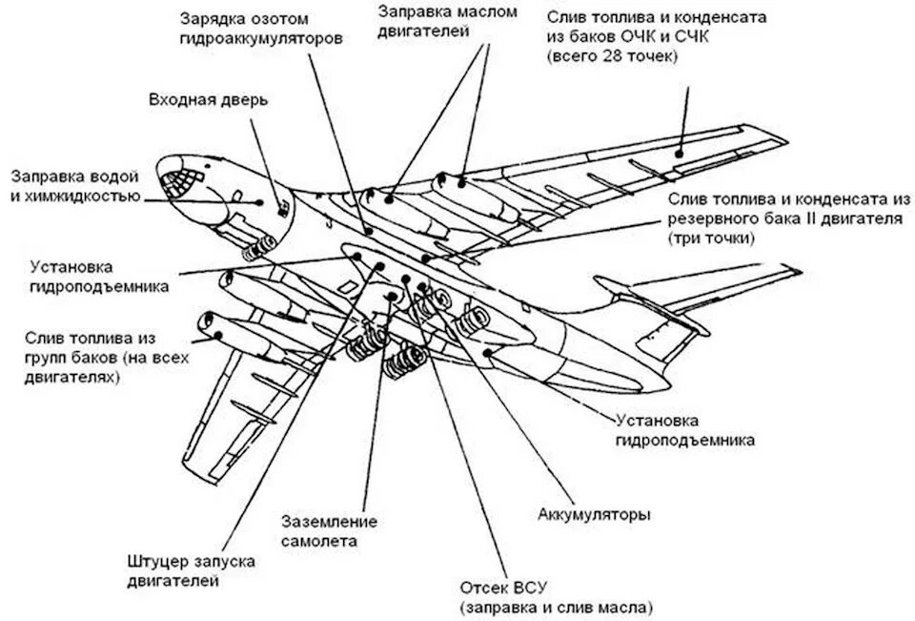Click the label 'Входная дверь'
pyautogui.click(x=209, y=100)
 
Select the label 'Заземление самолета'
pyautogui.click(x=329, y=531)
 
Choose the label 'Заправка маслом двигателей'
pyautogui.click(x=447, y=22)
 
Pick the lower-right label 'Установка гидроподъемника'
pyautogui.click(x=684, y=430)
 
